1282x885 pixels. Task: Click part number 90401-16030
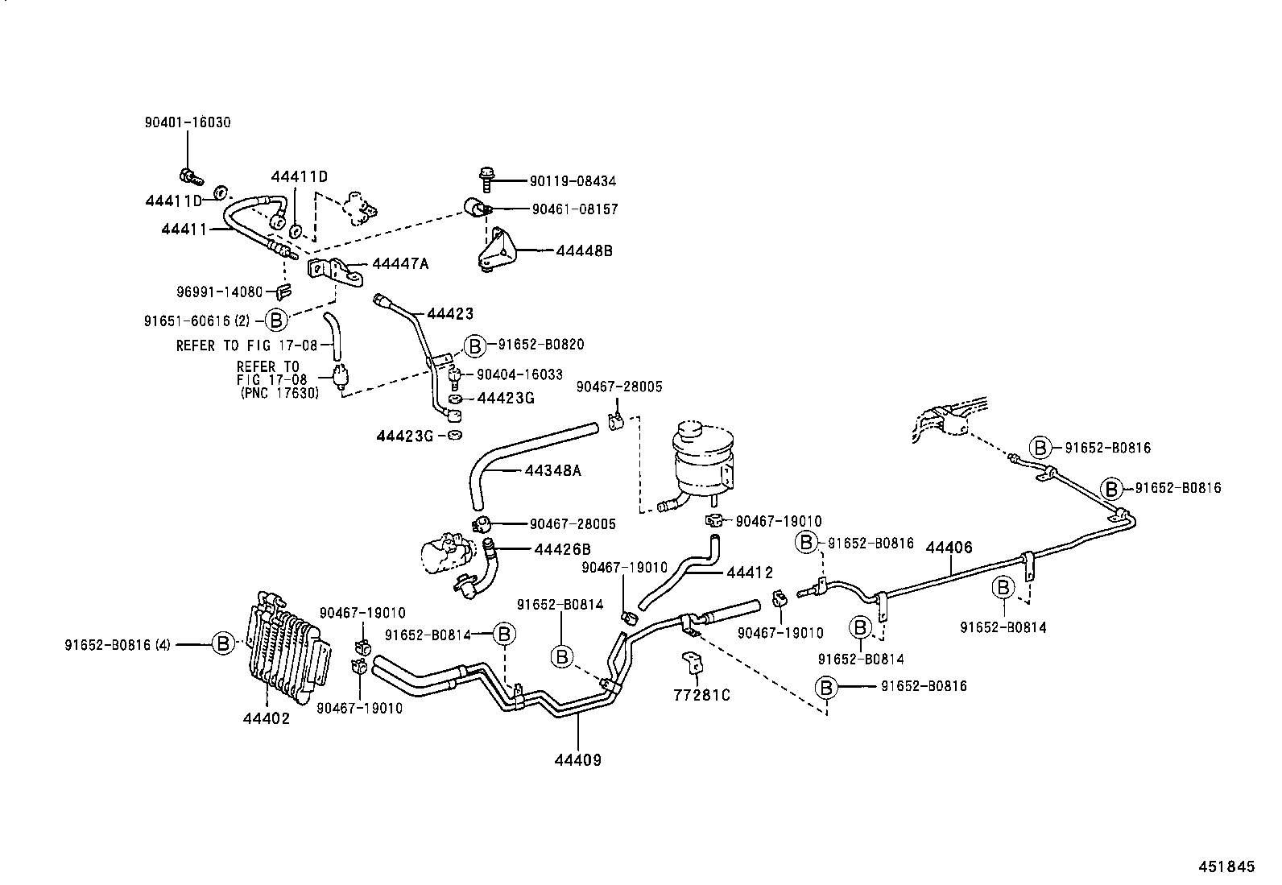(187, 122)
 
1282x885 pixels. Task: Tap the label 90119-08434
(573, 182)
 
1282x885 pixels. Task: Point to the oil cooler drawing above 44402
(286, 647)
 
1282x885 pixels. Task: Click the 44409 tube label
(577, 759)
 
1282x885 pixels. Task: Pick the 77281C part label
(701, 694)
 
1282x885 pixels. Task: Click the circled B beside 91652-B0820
(475, 345)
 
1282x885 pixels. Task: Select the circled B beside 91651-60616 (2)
(276, 320)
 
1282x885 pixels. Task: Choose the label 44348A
(552, 469)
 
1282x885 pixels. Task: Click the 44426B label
(562, 549)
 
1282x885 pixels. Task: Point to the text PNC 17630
(279, 393)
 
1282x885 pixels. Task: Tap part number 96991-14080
(219, 292)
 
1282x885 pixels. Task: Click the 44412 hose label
(749, 573)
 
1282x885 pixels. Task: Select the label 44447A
(399, 264)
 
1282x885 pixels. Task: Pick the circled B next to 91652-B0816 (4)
(223, 643)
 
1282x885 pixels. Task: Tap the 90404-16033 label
(519, 374)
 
